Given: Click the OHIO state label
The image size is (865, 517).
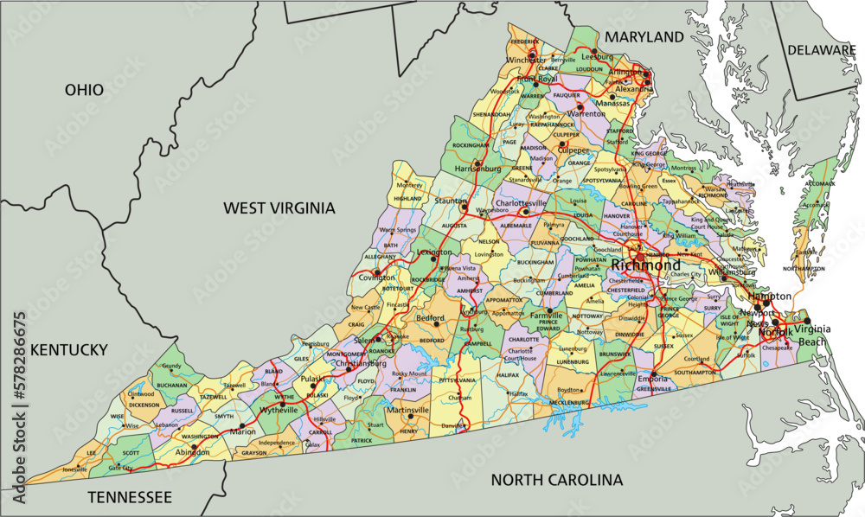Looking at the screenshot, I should tap(84, 90).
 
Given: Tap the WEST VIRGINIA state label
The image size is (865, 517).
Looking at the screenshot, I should tap(279, 207).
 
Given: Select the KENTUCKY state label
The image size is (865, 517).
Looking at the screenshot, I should tap(69, 350).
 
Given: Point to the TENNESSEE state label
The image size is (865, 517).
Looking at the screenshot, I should tap(130, 497).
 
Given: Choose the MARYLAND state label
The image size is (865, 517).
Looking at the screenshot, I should tap(644, 37).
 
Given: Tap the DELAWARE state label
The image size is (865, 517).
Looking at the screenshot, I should tap(821, 50).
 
